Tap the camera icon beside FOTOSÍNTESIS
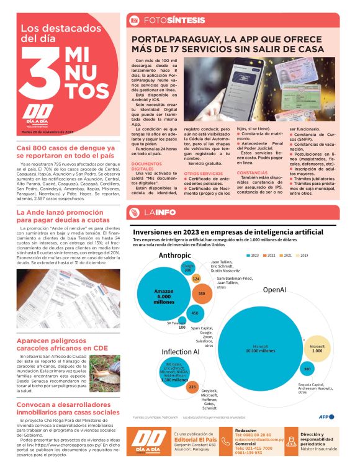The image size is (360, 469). (x=133, y=20)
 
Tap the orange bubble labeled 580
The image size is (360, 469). (x=202, y=293)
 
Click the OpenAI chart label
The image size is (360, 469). (x=274, y=289)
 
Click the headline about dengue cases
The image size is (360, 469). (x=65, y=152)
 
